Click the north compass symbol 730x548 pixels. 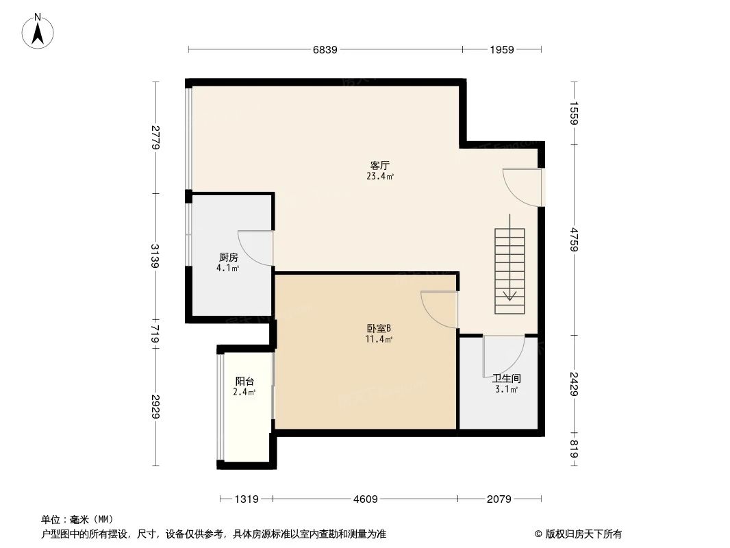point(39,30)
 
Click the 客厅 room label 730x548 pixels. point(379,166)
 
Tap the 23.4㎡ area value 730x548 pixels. point(379,177)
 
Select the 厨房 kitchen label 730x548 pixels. point(229,258)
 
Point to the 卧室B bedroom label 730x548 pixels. point(379,328)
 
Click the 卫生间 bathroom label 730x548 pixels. point(506,378)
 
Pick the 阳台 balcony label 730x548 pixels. point(244,382)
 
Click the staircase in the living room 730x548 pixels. point(509,271)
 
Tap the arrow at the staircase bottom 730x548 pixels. point(509,295)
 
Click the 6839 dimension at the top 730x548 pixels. point(325,49)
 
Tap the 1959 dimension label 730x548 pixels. point(502,49)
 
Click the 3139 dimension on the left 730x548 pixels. point(155,257)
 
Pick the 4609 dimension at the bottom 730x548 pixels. point(365,499)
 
